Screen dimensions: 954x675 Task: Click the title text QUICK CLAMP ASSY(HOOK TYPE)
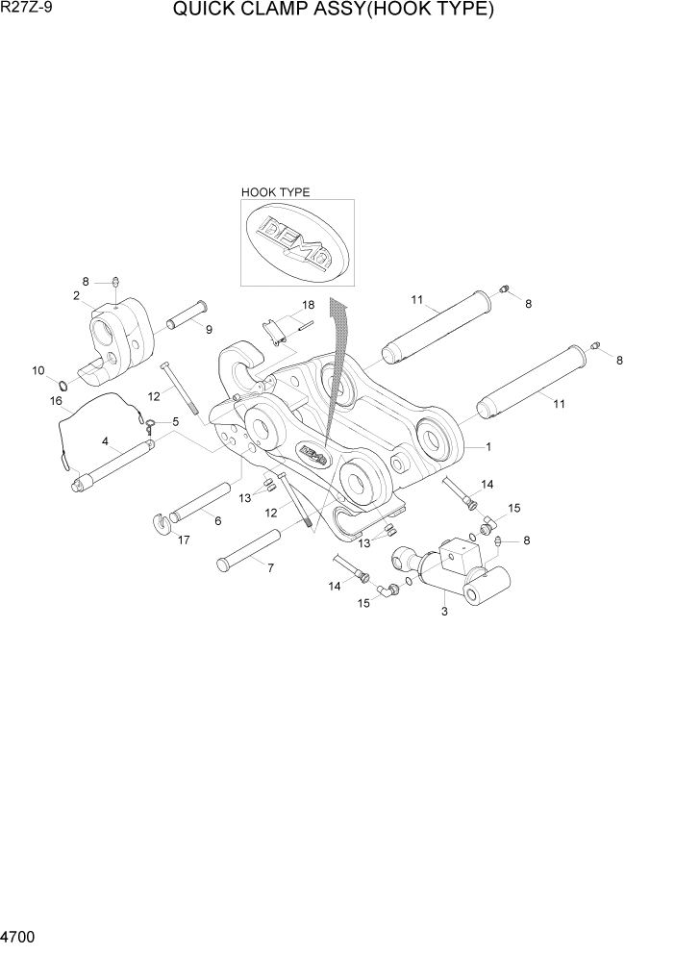pyautogui.click(x=334, y=12)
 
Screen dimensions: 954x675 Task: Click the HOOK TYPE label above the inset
pyautogui.click(x=275, y=192)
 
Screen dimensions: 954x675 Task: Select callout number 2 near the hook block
pyautogui.click(x=76, y=295)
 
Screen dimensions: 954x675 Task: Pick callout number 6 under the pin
pyautogui.click(x=218, y=520)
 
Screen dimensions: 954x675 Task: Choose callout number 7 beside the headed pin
pyautogui.click(x=270, y=568)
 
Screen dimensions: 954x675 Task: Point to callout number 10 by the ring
pyautogui.click(x=38, y=370)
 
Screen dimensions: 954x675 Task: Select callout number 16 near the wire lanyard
pyautogui.click(x=56, y=400)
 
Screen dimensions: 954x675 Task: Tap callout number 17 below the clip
pyautogui.click(x=183, y=540)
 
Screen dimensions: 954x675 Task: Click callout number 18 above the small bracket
pyautogui.click(x=308, y=305)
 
